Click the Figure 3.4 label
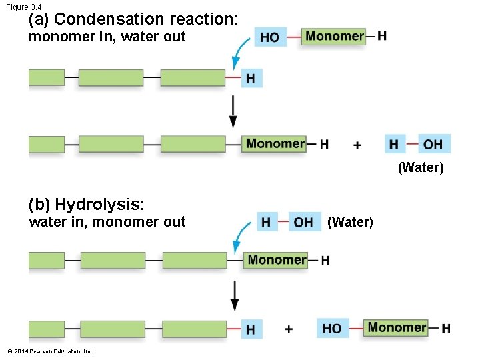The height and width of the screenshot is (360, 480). (23, 7)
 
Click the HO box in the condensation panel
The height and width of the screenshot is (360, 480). (270, 37)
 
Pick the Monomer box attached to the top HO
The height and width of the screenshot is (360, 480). (335, 36)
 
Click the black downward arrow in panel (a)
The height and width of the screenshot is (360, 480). (233, 111)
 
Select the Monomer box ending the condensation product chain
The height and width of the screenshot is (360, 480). (275, 143)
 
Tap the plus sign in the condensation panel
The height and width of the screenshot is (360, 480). (357, 145)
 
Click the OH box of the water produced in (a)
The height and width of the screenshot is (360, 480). (433, 144)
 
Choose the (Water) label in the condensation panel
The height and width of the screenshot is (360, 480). (420, 167)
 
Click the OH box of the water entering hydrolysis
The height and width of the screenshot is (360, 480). (304, 222)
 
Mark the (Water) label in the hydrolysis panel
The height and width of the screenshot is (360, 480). (350, 222)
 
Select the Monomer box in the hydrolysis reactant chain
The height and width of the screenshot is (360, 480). (277, 260)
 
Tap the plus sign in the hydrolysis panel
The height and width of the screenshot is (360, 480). (289, 329)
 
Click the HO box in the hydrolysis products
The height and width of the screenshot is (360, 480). (331, 328)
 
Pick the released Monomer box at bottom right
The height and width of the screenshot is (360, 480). (397, 327)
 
